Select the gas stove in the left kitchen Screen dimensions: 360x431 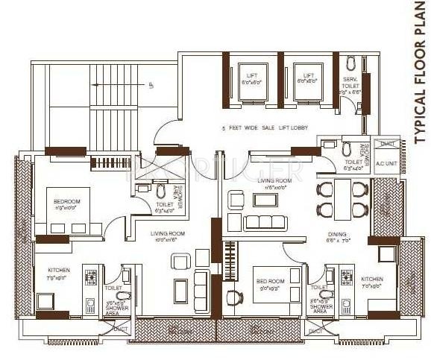[x=92, y=280]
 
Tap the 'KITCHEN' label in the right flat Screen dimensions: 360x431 [x=372, y=280]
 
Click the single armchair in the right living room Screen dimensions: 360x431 [x=235, y=200]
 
